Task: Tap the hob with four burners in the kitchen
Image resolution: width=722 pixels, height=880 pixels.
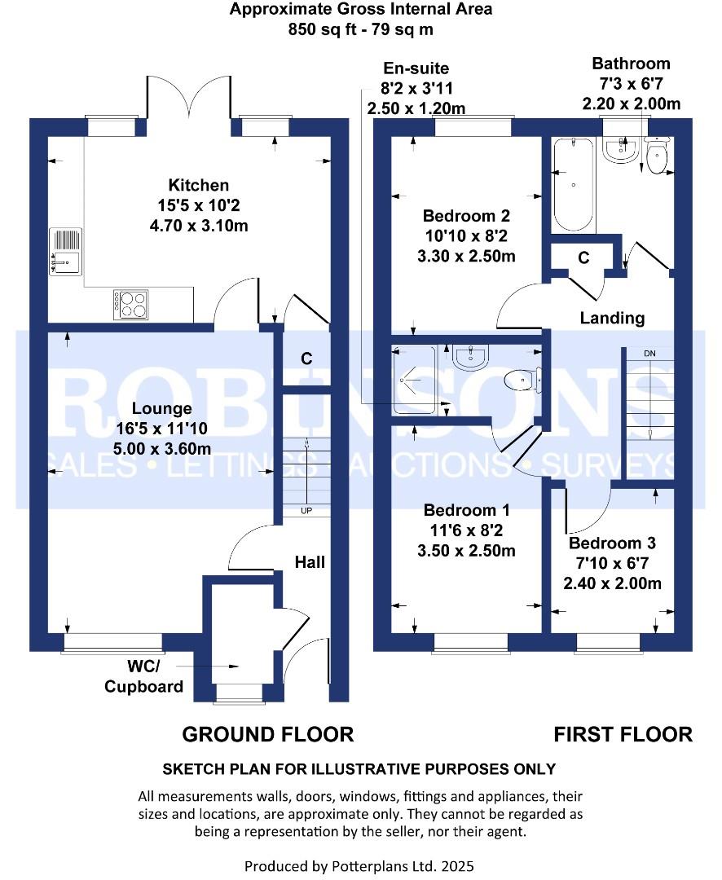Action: click(131, 304)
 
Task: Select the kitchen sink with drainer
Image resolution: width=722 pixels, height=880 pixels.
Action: click(66, 249)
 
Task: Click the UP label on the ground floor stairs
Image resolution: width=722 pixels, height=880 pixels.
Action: click(306, 511)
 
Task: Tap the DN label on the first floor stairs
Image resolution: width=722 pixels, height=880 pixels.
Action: click(649, 354)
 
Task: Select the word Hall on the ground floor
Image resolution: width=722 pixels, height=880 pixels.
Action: click(310, 561)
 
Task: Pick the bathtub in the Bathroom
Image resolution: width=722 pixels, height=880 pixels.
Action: click(575, 186)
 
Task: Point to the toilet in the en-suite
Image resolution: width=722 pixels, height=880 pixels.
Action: click(522, 380)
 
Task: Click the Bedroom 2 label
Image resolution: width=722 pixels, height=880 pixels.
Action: click(466, 216)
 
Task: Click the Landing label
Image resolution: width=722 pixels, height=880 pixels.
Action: click(612, 318)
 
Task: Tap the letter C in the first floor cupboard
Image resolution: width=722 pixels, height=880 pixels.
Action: click(583, 257)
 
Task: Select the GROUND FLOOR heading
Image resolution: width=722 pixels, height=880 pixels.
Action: click(267, 734)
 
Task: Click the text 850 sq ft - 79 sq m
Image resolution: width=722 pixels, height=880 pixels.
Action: click(360, 30)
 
